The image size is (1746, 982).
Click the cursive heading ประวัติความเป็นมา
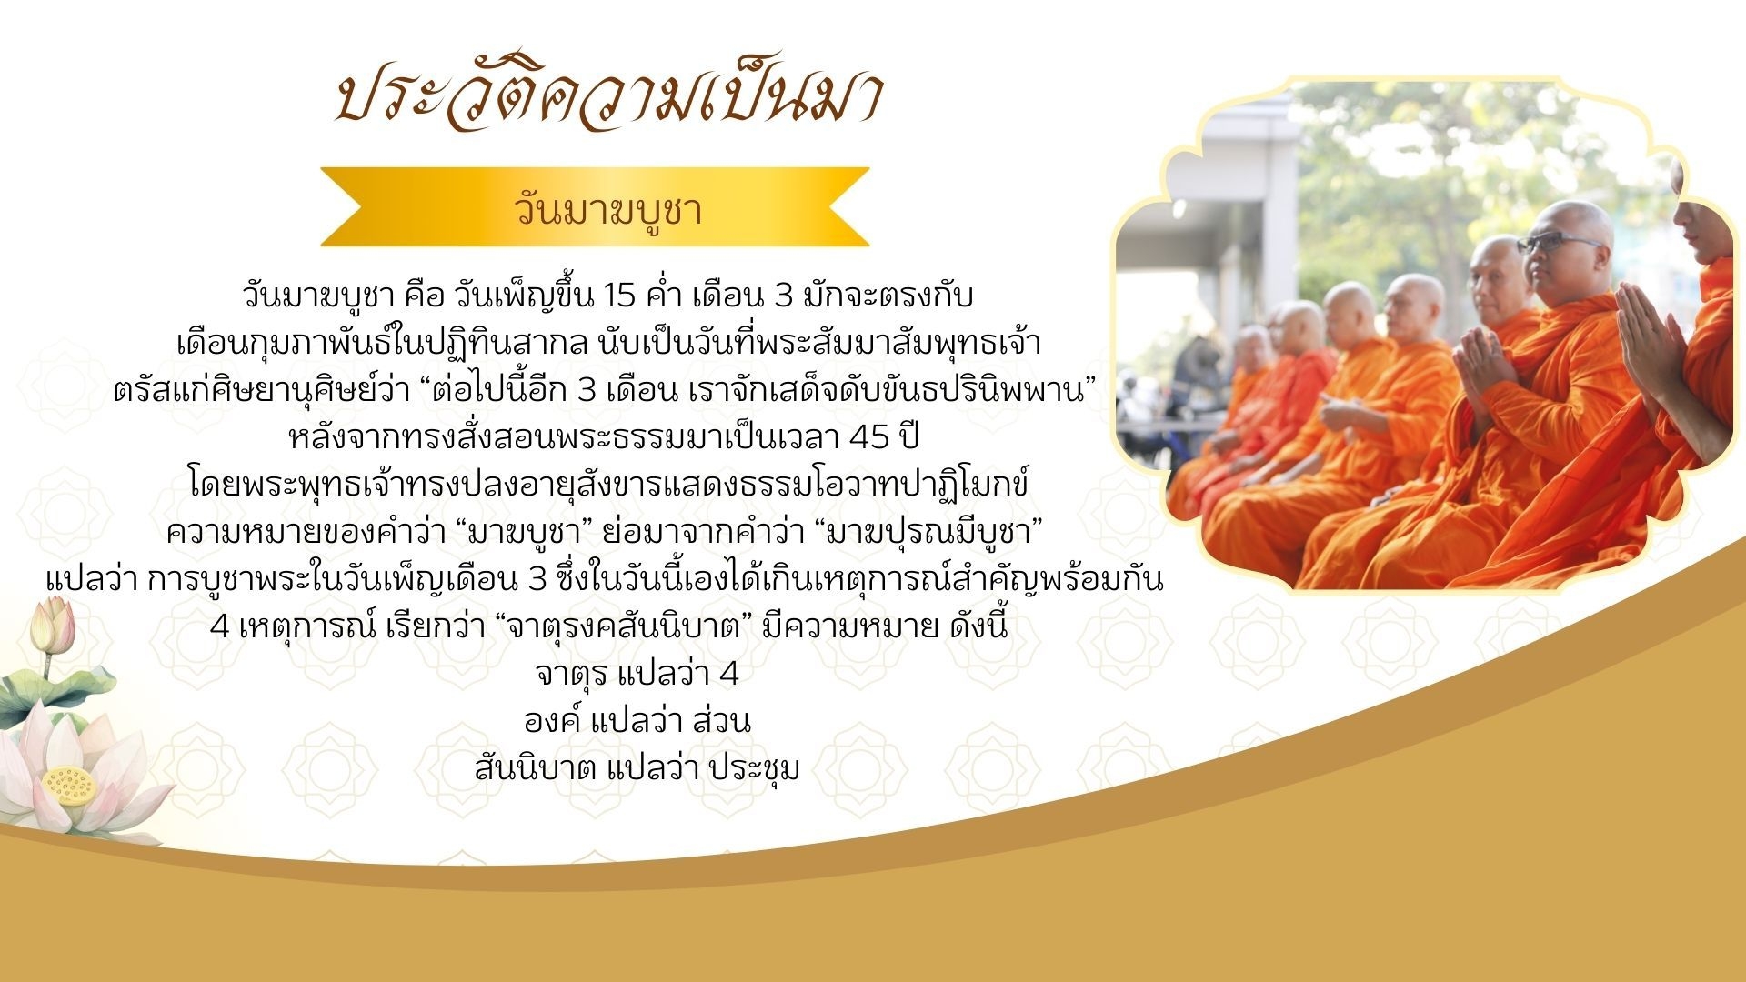coord(607,97)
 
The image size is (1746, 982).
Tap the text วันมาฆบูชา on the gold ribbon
coord(608,210)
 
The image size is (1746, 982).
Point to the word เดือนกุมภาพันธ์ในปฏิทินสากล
coord(384,344)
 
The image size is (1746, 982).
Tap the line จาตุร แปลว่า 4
coord(637,675)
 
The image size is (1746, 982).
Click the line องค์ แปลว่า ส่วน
coord(637,722)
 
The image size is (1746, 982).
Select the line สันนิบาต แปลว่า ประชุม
coord(637,769)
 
